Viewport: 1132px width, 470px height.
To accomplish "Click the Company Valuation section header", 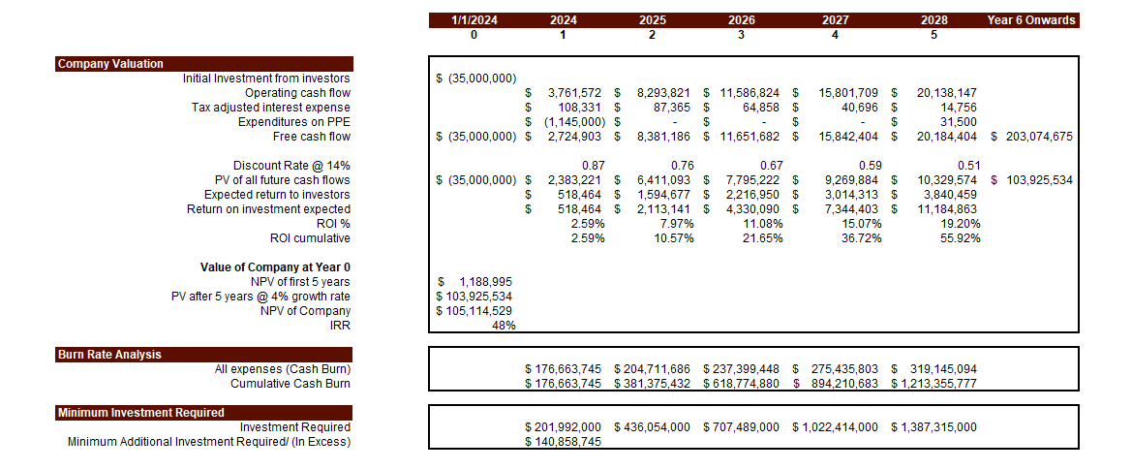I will pyautogui.click(x=110, y=64).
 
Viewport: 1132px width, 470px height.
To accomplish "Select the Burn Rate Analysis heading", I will pyautogui.click(x=109, y=355).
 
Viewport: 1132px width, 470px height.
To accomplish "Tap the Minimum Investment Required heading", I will pyautogui.click(x=140, y=413).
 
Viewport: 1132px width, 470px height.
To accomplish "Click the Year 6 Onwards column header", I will pyautogui.click(x=1031, y=19).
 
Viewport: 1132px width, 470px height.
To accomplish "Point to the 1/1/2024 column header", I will pyautogui.click(x=474, y=19).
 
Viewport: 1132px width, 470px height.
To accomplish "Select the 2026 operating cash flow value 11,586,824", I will pyautogui.click(x=749, y=93).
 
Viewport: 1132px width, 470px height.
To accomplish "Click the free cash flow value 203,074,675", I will pyautogui.click(x=1037, y=137).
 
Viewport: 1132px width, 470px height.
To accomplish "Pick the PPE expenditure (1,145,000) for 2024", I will pyautogui.click(x=573, y=122).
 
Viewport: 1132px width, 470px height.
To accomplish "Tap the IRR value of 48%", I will pyautogui.click(x=503, y=326).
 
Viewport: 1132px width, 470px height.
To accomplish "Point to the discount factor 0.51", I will pyautogui.click(x=968, y=166).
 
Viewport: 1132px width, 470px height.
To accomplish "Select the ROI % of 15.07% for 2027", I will pyautogui.click(x=863, y=224).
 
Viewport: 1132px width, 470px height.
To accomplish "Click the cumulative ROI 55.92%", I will pyautogui.click(x=960, y=238).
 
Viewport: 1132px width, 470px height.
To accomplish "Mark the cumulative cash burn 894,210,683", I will pyautogui.click(x=841, y=384).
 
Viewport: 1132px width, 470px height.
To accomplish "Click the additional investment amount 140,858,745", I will pyautogui.click(x=567, y=442).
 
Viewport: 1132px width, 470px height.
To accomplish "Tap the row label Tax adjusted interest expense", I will pyautogui.click(x=271, y=108).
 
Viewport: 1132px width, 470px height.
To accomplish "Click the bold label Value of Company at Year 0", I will pyautogui.click(x=275, y=267).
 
